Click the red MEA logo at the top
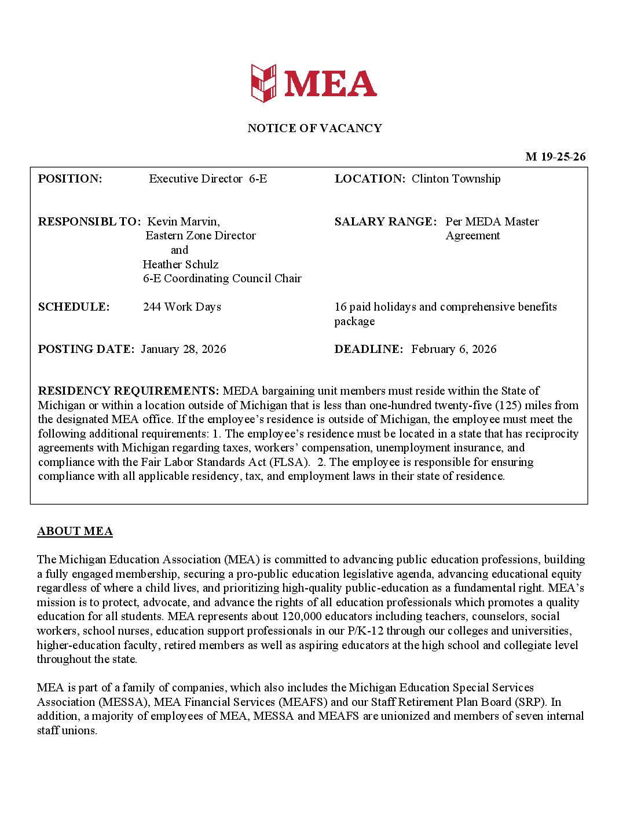pyautogui.click(x=314, y=83)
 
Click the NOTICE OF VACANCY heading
pyautogui.click(x=314, y=128)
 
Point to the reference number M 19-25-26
pyautogui.click(x=555, y=156)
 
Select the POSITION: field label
pyautogui.click(x=70, y=178)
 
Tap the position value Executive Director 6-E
pyautogui.click(x=208, y=178)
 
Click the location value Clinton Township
pyautogui.click(x=456, y=178)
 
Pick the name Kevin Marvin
pyautogui.click(x=184, y=221)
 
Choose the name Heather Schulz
pyautogui.click(x=181, y=264)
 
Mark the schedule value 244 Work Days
pyautogui.click(x=182, y=307)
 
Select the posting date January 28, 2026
pyautogui.click(x=183, y=349)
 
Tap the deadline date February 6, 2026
pyautogui.click(x=454, y=349)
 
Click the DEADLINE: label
pyautogui.click(x=368, y=349)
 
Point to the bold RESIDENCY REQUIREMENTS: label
pyautogui.click(x=129, y=391)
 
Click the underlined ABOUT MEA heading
pyautogui.click(x=75, y=531)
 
